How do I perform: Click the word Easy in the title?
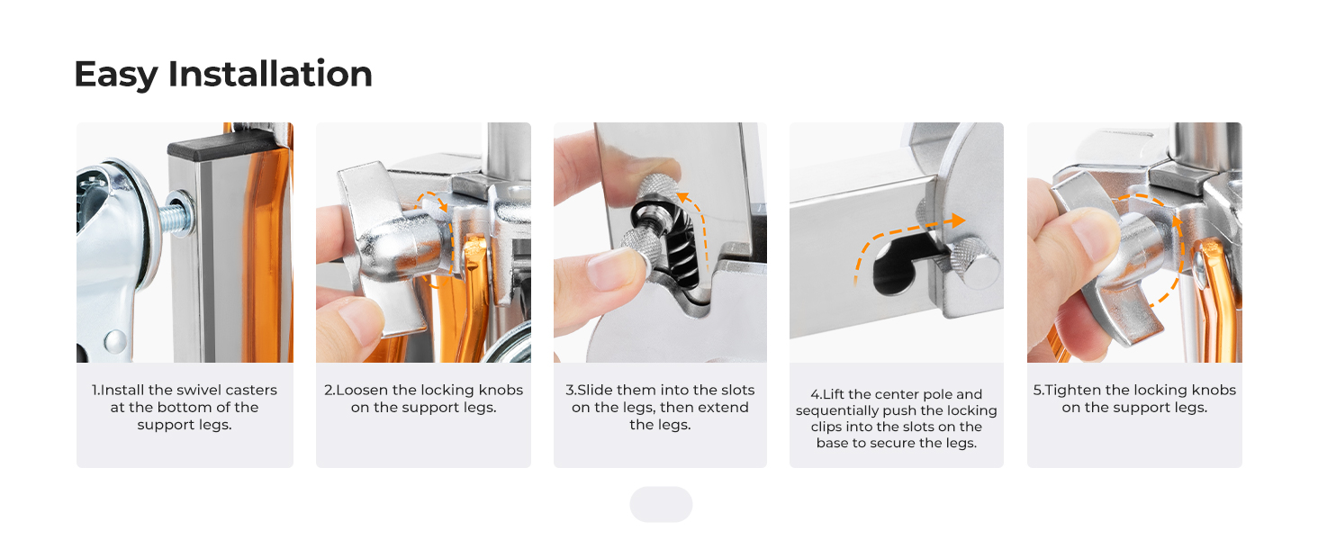pos(116,76)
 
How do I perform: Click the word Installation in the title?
pos(270,74)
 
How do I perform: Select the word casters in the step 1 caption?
pos(251,390)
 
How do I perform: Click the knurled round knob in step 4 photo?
pos(974,263)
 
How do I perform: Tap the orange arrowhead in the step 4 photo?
pos(958,220)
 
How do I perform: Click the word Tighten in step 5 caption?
pos(1073,390)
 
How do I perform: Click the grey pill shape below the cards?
pos(661,504)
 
